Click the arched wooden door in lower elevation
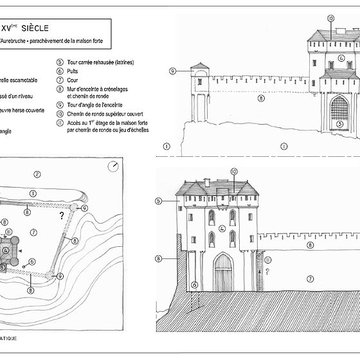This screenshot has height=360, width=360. [x=223, y=271]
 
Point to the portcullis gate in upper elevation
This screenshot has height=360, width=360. [x=340, y=107]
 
